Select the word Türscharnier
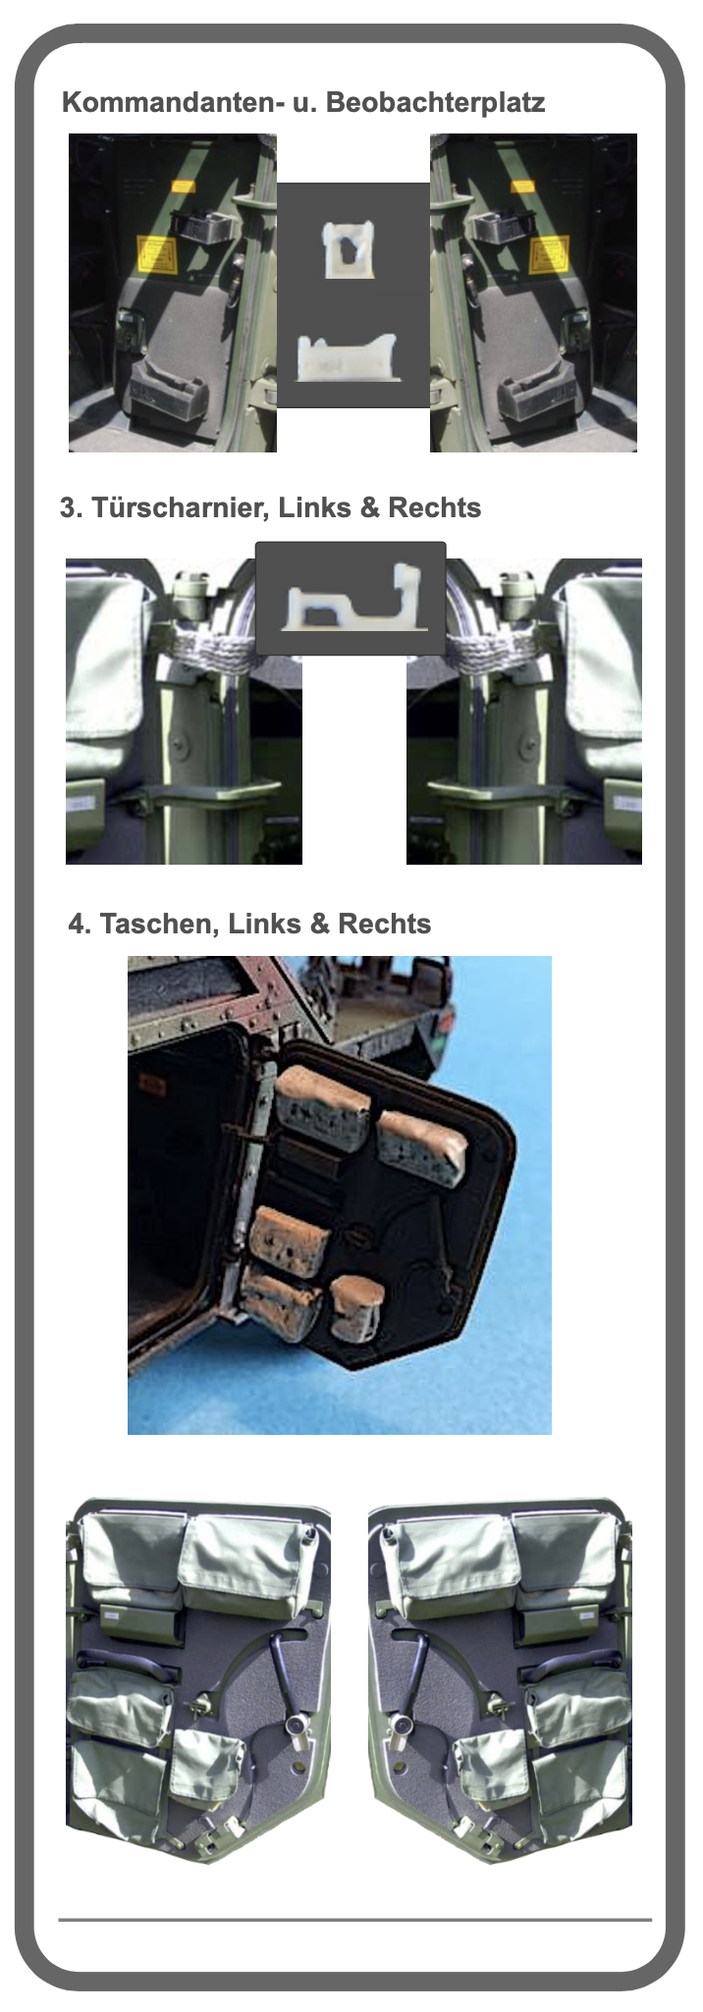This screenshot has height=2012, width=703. click(177, 508)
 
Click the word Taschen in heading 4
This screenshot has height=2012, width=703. click(156, 925)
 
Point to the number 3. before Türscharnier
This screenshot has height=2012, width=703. click(71, 508)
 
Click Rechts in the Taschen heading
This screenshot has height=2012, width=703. click(384, 925)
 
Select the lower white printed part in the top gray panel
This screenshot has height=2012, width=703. click(349, 357)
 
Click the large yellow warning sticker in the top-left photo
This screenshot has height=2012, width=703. click(157, 254)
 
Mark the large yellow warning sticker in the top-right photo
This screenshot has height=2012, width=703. click(549, 254)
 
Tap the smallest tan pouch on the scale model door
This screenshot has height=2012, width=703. click(354, 1308)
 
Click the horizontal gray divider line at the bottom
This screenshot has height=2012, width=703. click(354, 1919)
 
